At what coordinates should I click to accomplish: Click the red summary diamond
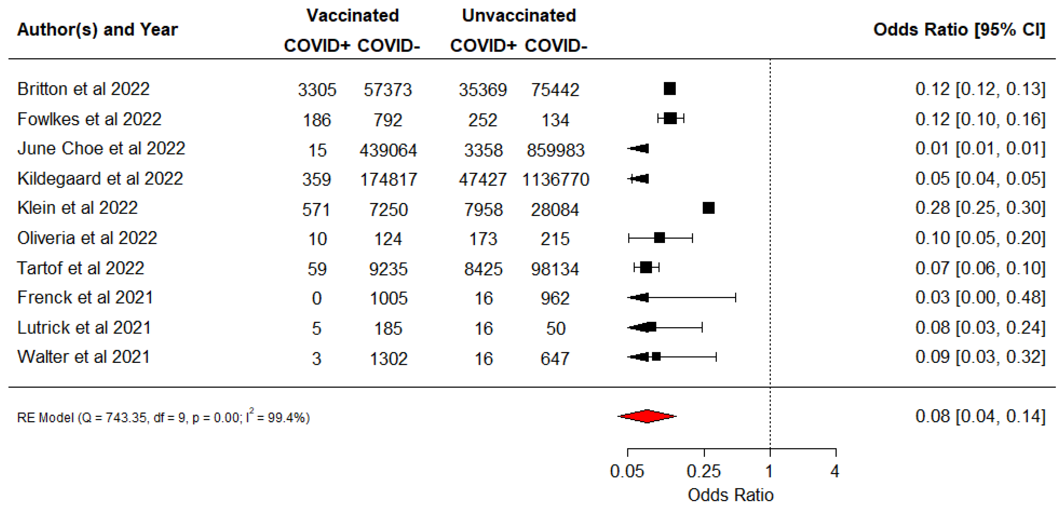point(647,416)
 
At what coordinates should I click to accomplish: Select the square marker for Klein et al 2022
point(709,208)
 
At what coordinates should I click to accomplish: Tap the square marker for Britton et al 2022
point(670,89)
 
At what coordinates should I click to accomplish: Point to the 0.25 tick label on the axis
point(704,471)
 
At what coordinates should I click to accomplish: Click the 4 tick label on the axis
point(835,471)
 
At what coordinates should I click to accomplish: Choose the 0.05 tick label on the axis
point(627,471)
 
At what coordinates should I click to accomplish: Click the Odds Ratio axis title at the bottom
point(730,494)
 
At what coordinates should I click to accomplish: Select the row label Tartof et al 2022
point(81,268)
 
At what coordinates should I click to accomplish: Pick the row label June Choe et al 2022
point(101,148)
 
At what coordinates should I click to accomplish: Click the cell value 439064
point(388,150)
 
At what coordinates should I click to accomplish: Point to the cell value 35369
point(483,90)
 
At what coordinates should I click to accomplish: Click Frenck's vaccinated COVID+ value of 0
point(316,298)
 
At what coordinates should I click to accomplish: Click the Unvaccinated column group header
point(519,16)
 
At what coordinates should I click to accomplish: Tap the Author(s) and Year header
point(97,30)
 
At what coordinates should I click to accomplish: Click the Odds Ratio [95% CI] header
point(959,30)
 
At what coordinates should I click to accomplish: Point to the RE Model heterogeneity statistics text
point(163,417)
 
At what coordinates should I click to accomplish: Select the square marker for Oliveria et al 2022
point(659,238)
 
